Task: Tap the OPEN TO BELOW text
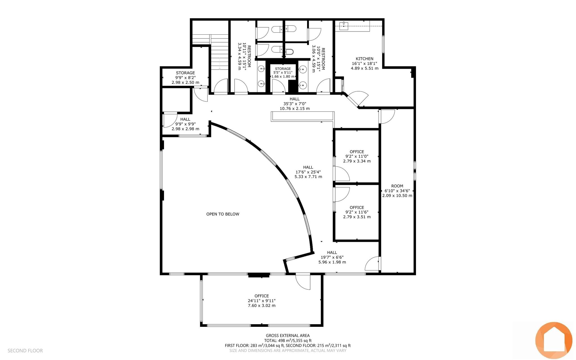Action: [223, 214]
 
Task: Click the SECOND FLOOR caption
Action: [25, 351]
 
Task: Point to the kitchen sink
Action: [344, 26]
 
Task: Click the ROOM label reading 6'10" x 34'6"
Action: [397, 191]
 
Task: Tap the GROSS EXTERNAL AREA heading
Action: [288, 336]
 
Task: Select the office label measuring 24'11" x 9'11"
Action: [262, 301]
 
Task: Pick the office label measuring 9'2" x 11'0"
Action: [357, 156]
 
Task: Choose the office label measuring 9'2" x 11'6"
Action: [357, 212]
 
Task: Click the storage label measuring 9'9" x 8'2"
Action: [185, 78]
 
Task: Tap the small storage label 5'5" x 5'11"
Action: [283, 73]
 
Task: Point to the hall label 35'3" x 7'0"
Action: [295, 104]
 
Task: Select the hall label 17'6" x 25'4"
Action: [308, 172]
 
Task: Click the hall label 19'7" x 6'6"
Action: [332, 257]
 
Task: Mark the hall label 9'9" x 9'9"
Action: [185, 124]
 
